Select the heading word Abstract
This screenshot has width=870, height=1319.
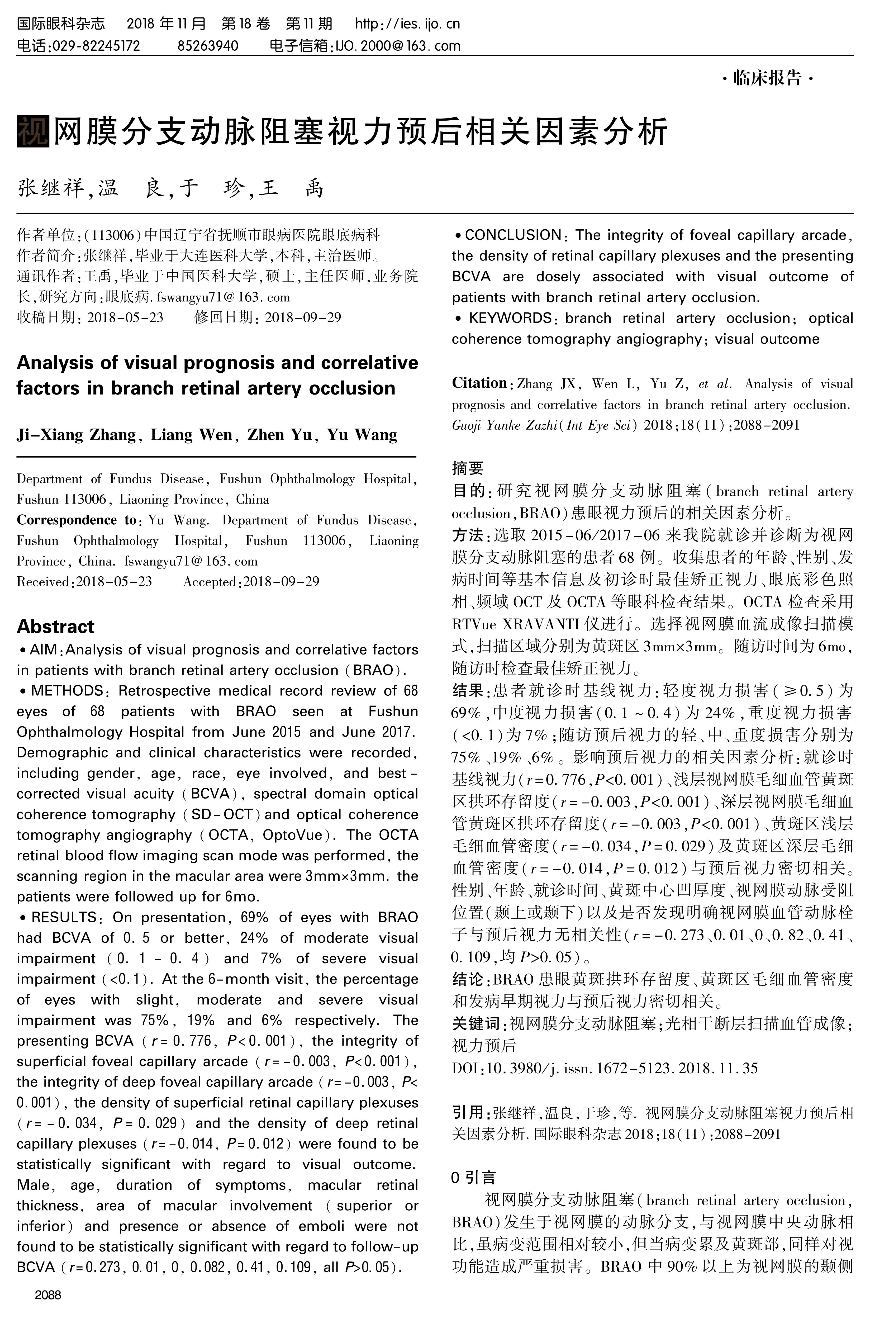[55, 627]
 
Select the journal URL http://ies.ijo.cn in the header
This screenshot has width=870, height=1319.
[407, 24]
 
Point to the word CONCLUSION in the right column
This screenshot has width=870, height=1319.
[513, 235]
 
